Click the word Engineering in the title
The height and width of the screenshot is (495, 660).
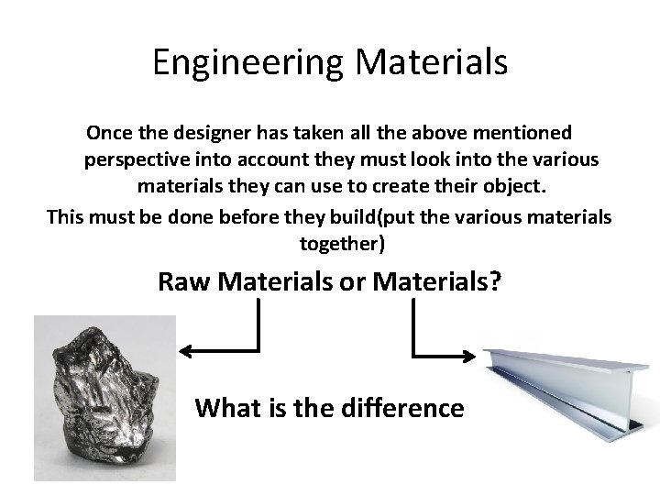click(x=247, y=62)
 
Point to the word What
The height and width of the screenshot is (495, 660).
click(x=227, y=407)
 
